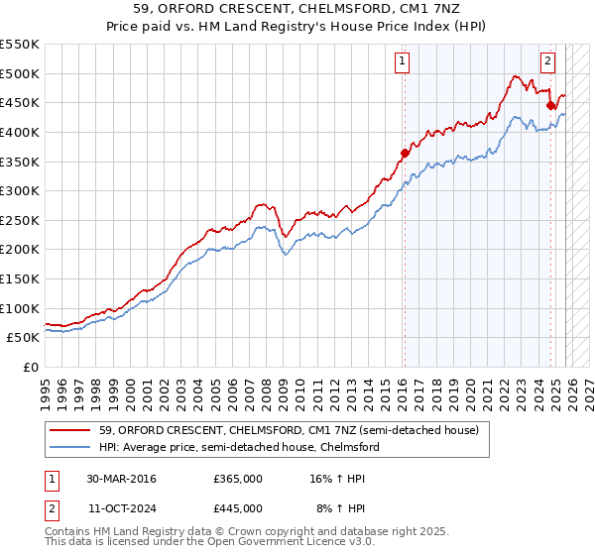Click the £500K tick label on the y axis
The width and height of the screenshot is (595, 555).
(x=20, y=73)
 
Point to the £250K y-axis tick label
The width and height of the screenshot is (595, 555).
(x=20, y=220)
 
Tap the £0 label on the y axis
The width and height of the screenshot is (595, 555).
(x=29, y=367)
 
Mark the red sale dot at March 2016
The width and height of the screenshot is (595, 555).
(x=405, y=153)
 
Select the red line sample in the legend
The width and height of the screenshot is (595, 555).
(x=70, y=430)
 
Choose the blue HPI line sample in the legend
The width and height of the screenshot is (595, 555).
(x=70, y=447)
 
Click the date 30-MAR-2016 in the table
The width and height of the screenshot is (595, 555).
(x=121, y=479)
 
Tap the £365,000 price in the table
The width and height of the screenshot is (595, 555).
(x=237, y=479)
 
